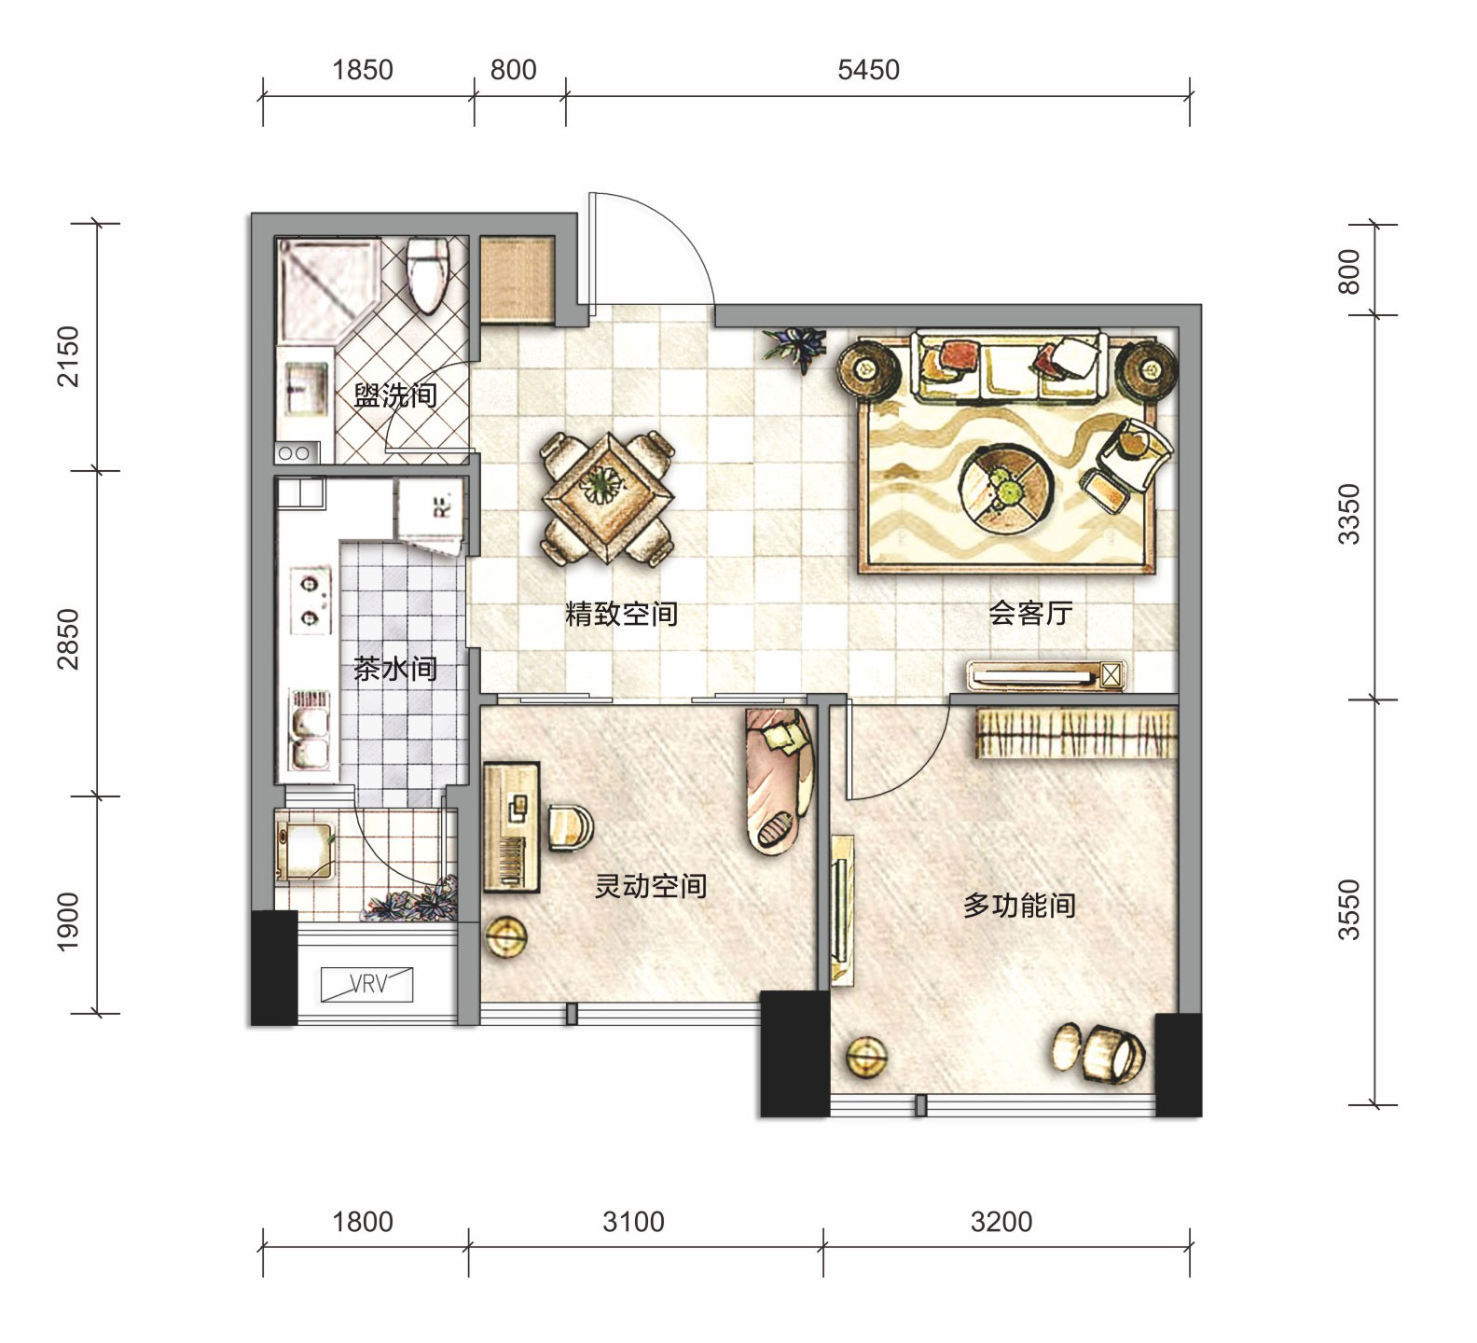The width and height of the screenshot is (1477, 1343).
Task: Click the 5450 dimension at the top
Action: pos(868,70)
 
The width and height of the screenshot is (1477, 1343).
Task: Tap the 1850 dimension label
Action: pos(363,70)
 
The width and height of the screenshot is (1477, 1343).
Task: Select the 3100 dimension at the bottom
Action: pos(633,1222)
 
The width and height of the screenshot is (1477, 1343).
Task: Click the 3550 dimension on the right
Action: pos(1349,909)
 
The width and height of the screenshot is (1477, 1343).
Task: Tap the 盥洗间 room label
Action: pos(395,395)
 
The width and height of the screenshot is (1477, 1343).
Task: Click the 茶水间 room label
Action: pos(395,669)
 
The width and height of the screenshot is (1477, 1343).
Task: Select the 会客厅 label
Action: pos(1030,613)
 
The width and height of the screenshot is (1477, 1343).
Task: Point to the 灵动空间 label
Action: pos(651,885)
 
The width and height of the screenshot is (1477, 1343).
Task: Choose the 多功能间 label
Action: pos(1019,905)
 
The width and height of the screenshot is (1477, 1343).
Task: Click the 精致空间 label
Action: pos(621,614)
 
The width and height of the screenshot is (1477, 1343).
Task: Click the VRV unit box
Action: pos(366,984)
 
